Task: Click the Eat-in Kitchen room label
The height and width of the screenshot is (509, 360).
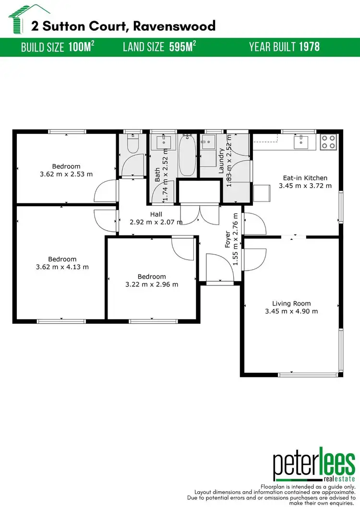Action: click(x=305, y=178)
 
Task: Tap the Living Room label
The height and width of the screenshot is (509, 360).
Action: click(x=291, y=303)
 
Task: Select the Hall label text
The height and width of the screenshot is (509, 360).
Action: click(x=156, y=214)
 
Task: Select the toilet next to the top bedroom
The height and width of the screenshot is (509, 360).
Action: click(x=133, y=144)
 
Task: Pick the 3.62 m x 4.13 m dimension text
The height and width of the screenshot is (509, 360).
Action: click(x=62, y=267)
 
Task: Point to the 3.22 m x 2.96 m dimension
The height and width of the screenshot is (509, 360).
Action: click(x=152, y=284)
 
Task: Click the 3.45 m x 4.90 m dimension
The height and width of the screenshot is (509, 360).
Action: click(x=291, y=311)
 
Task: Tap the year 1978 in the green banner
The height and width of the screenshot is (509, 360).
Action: click(x=310, y=47)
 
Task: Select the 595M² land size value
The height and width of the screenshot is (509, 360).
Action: click(x=183, y=47)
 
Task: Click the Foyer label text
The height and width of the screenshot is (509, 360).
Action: click(x=228, y=237)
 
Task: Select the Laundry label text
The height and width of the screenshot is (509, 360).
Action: click(x=221, y=160)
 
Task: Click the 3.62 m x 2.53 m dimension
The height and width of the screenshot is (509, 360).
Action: click(x=66, y=174)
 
